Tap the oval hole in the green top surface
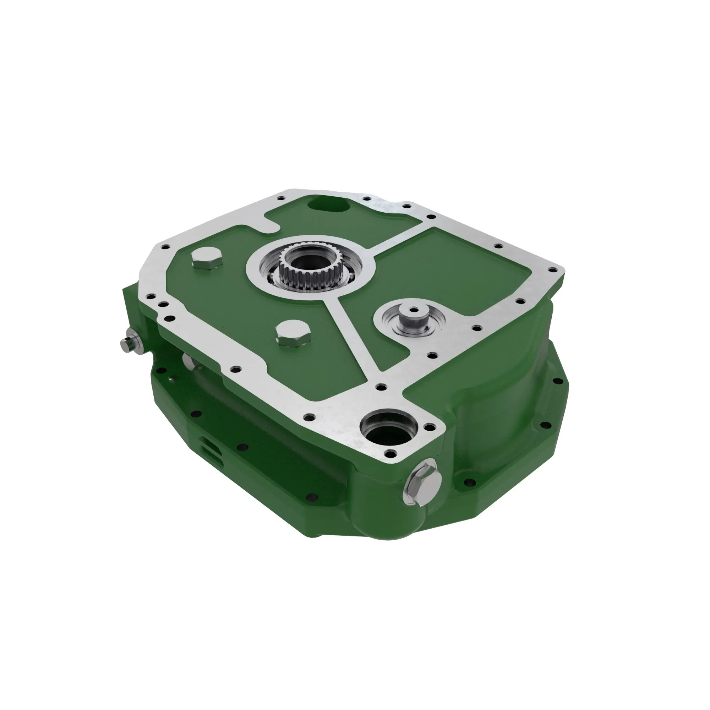(x=329, y=204)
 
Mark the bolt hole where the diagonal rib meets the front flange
(x=381, y=387)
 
